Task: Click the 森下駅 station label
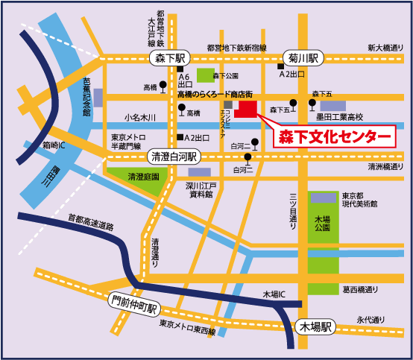point(171,57)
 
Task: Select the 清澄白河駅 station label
point(174,157)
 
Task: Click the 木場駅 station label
point(316,326)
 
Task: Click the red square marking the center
point(247,110)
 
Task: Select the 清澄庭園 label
point(143,177)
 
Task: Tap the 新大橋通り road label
point(386,48)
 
